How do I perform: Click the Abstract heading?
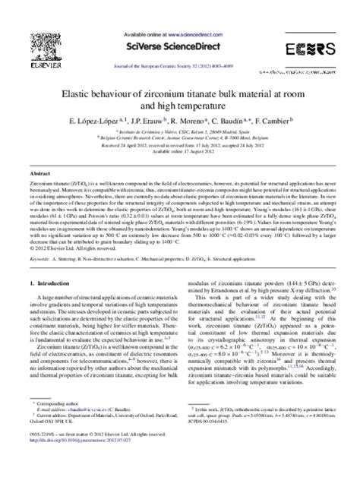click(40, 173)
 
